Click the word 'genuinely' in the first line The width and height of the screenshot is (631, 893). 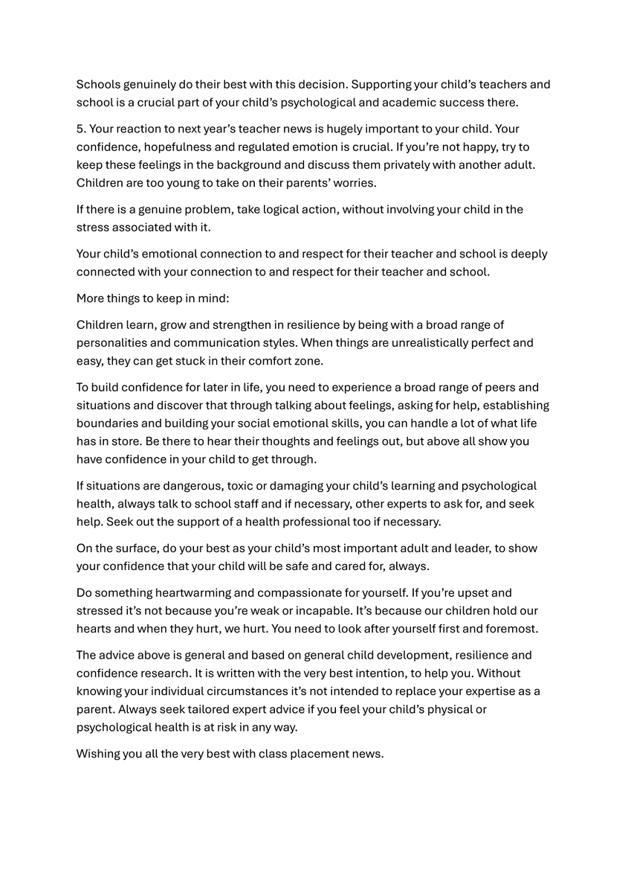coord(147,84)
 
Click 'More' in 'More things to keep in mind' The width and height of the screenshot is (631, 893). coord(91,298)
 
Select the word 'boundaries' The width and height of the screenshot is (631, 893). coord(107,423)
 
